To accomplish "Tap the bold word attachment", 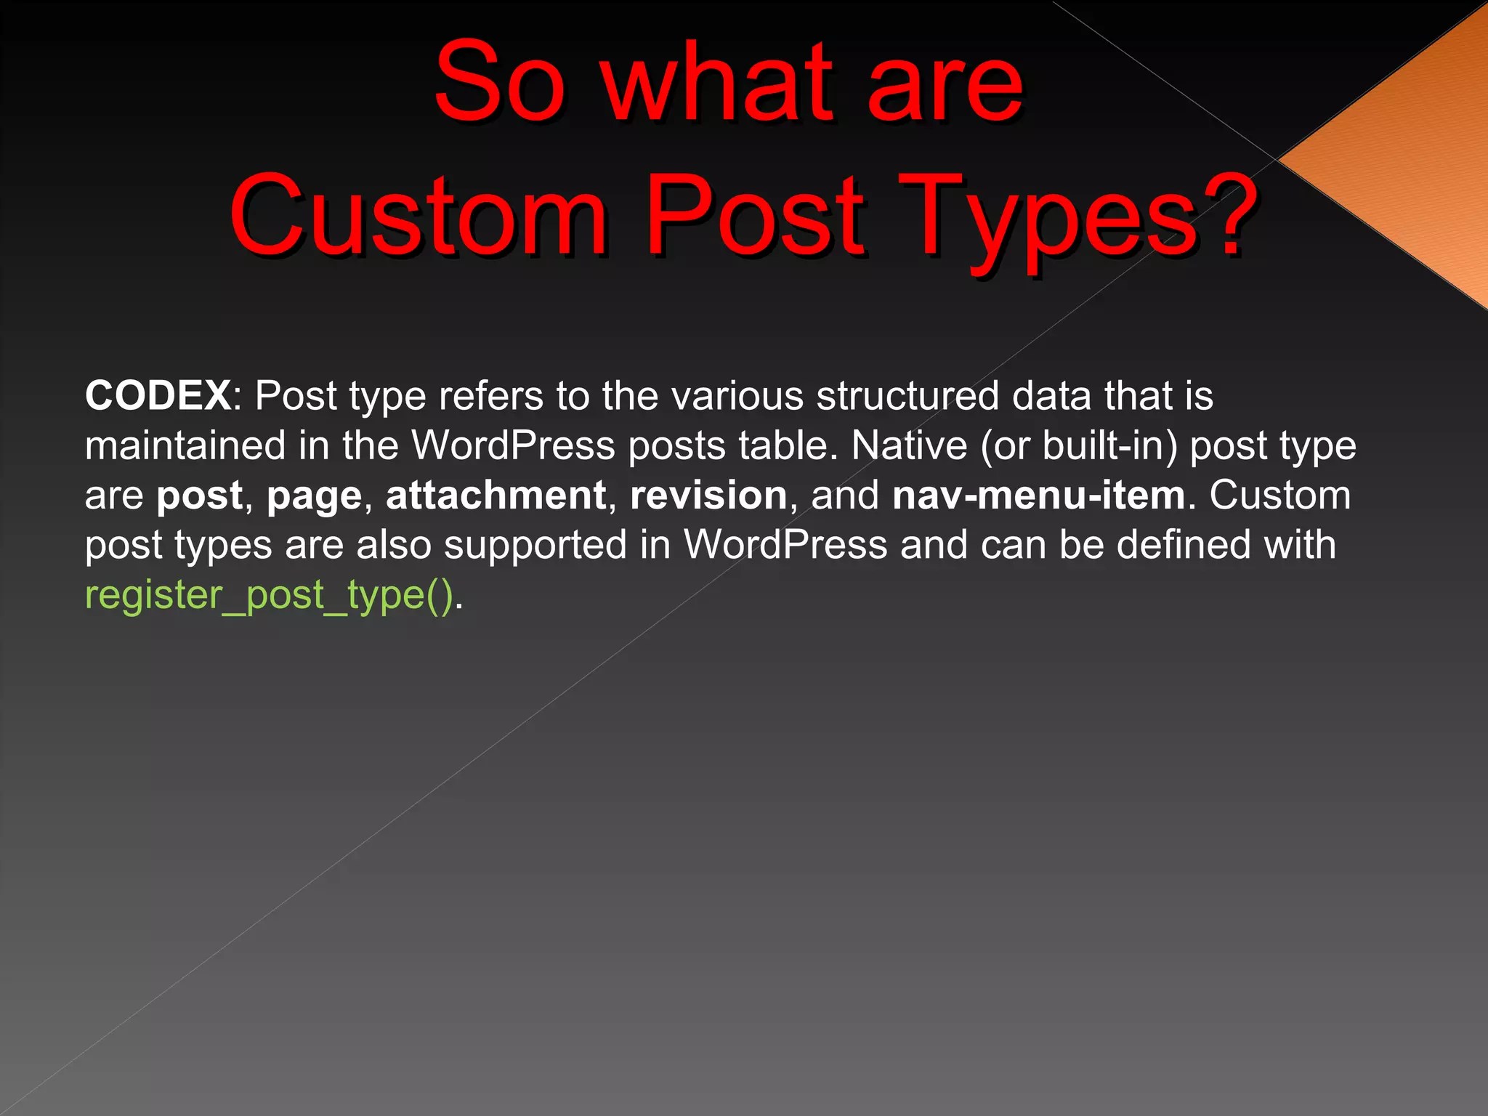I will (496, 496).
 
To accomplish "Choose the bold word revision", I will (708, 496).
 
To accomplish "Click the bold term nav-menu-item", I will (1039, 496).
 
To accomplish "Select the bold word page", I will (314, 497).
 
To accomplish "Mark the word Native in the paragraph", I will (909, 445).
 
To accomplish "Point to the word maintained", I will (185, 445).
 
